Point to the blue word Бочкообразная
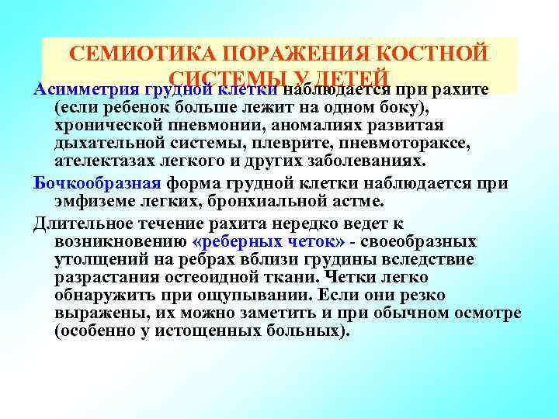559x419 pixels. pyautogui.click(x=97, y=183)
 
